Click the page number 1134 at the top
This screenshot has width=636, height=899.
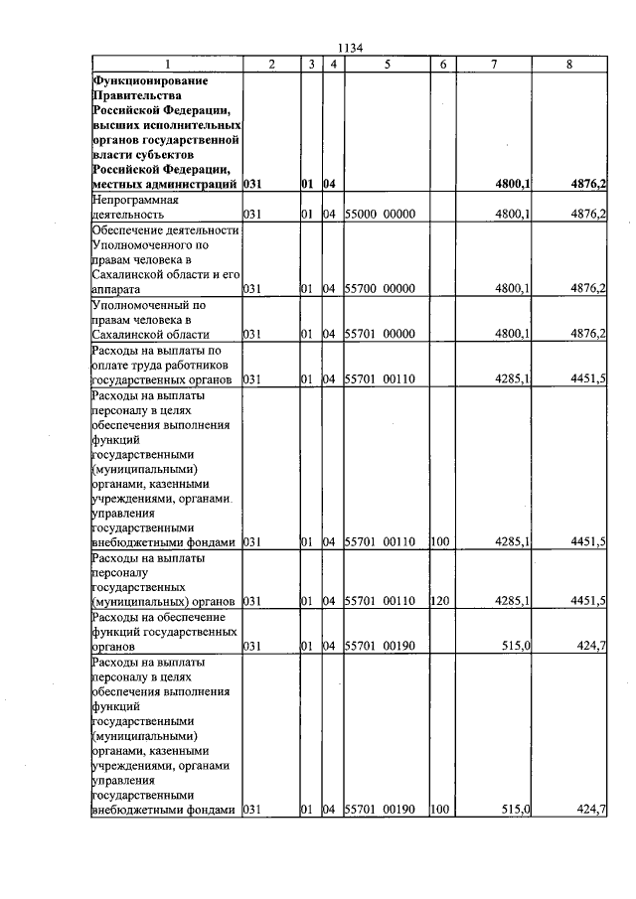coord(352,47)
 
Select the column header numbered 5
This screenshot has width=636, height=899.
coord(386,65)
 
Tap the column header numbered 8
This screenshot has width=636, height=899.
coord(568,65)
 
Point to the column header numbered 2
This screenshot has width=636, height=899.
coord(271,65)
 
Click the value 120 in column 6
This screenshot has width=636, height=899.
coord(438,602)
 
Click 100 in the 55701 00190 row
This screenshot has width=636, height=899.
coord(438,811)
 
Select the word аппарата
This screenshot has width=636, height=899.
coord(118,289)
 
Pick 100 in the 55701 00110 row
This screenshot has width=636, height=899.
coord(438,542)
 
